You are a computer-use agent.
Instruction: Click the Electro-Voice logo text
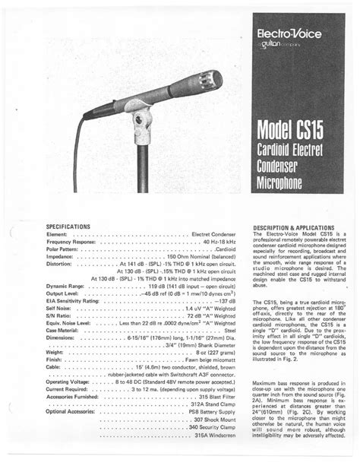click(x=291, y=34)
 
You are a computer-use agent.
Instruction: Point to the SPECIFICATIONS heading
click(x=68, y=227)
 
